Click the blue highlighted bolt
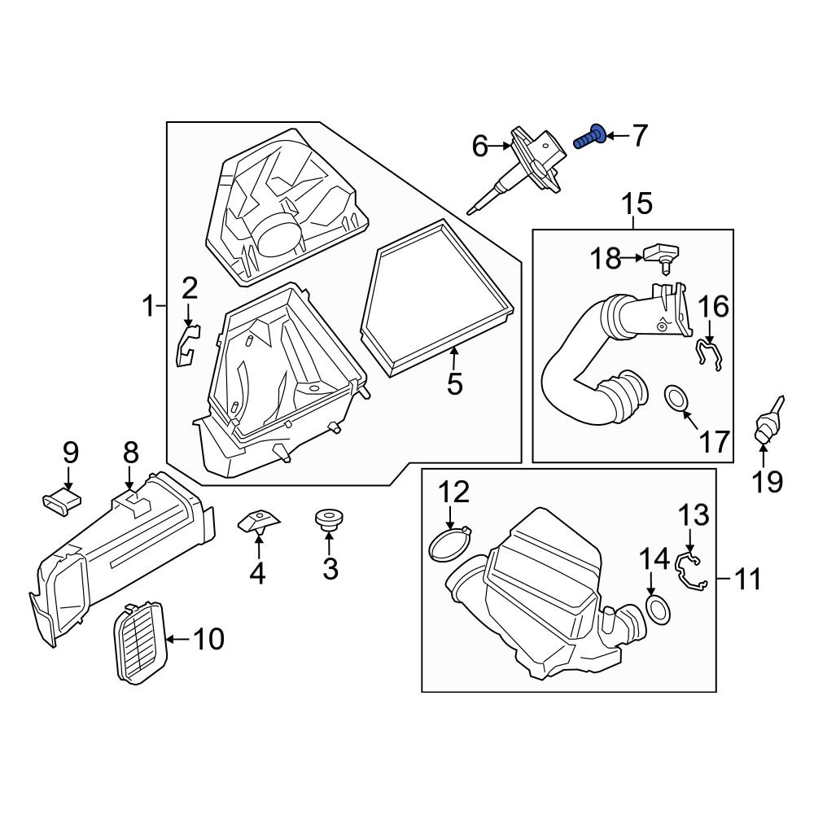tap(590, 138)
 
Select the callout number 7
tap(639, 135)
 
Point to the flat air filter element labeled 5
tap(438, 299)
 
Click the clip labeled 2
tap(186, 345)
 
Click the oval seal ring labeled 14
tap(657, 610)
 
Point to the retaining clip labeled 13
tap(689, 571)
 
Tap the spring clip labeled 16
tap(709, 354)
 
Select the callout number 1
tap(149, 306)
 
